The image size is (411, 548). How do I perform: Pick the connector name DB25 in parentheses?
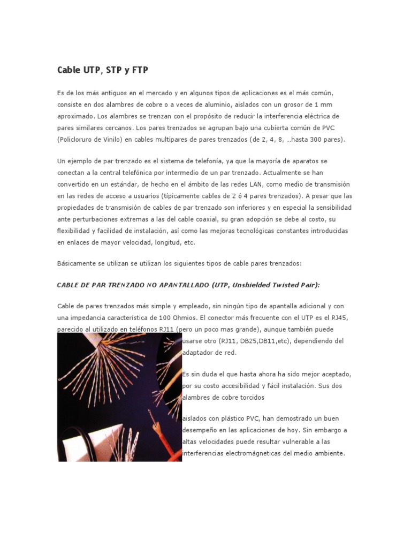tap(248, 341)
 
